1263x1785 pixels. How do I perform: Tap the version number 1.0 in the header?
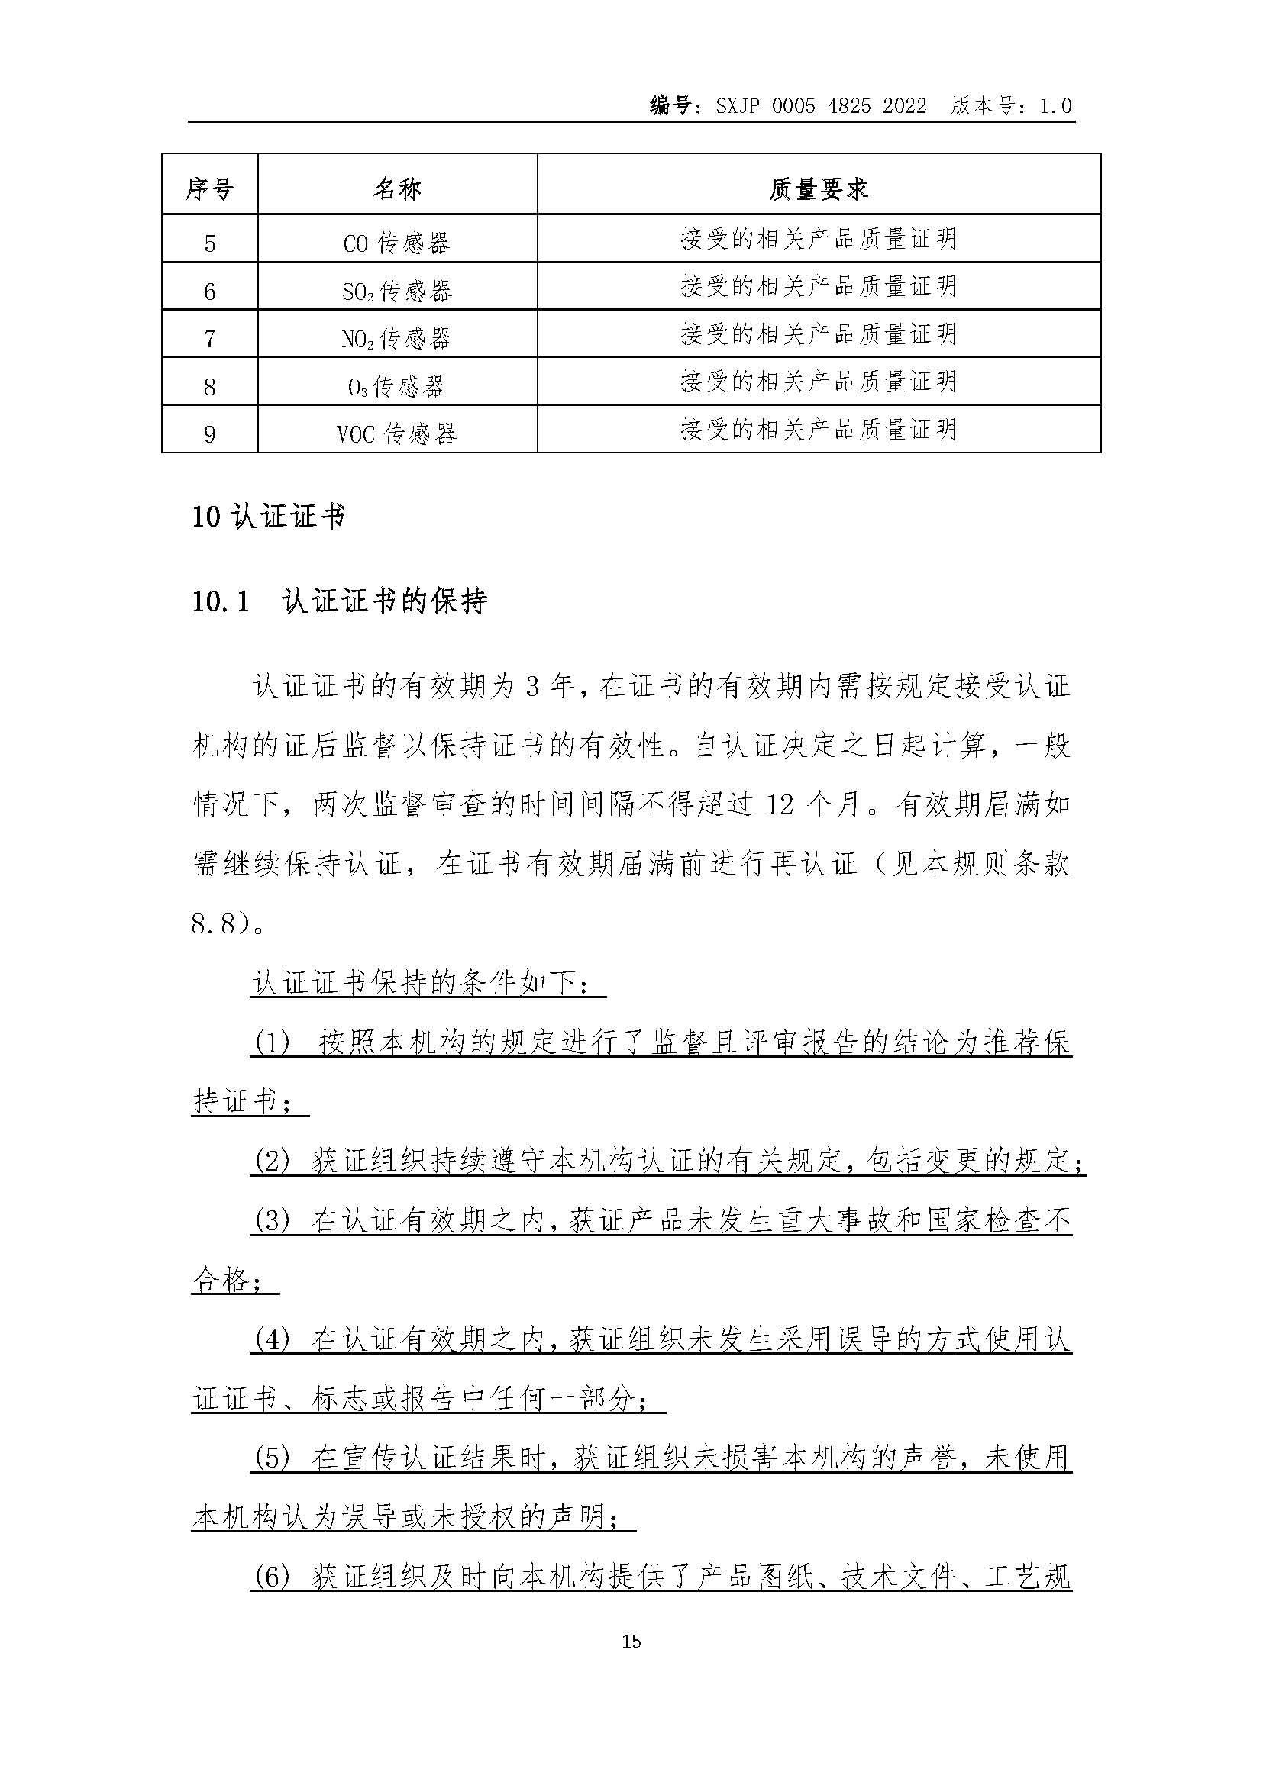pyautogui.click(x=1055, y=107)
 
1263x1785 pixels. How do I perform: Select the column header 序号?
pyautogui.click(x=209, y=189)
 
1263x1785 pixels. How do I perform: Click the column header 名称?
pyautogui.click(x=396, y=189)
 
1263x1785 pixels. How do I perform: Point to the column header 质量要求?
pyautogui.click(x=818, y=189)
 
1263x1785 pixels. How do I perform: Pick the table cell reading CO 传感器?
pyautogui.click(x=396, y=243)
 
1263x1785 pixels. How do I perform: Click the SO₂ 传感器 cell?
pyautogui.click(x=396, y=292)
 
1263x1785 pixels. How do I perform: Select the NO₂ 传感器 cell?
pyautogui.click(x=396, y=339)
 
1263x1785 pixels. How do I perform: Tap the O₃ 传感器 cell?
pyautogui.click(x=396, y=386)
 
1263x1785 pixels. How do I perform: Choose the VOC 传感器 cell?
pyautogui.click(x=396, y=433)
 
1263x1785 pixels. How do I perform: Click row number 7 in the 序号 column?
pyautogui.click(x=209, y=339)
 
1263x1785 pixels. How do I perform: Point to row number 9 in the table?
pyautogui.click(x=209, y=433)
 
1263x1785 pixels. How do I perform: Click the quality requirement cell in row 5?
pyautogui.click(x=818, y=239)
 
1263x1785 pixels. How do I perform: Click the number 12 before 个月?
pyautogui.click(x=780, y=804)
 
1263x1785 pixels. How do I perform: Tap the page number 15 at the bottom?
pyautogui.click(x=631, y=1642)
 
